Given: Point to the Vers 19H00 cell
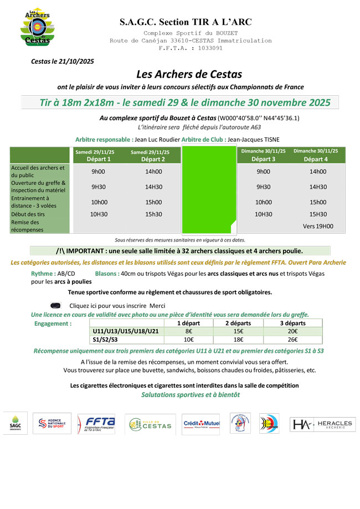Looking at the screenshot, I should point(318,226).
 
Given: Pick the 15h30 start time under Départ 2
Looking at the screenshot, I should point(153,214).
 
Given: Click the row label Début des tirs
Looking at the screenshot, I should point(28,214).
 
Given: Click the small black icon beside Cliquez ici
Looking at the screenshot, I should point(55,305).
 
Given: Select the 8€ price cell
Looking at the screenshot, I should point(188,331).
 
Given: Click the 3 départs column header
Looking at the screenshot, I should point(292,323).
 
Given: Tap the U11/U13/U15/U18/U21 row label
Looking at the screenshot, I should point(126,331).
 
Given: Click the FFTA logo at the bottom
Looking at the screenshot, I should point(96,425).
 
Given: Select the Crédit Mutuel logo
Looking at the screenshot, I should point(202,424).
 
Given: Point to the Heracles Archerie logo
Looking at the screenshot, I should point(323,425).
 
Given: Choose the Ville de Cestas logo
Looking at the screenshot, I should point(150,425).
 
